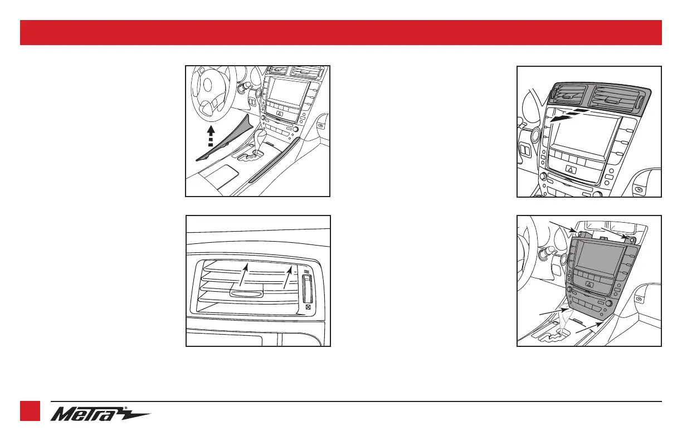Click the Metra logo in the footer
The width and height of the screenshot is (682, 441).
(100, 414)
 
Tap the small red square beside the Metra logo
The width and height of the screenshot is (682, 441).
(30, 411)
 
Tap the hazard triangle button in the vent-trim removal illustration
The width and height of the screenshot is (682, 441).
(570, 168)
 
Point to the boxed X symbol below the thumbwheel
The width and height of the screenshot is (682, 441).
(308, 306)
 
